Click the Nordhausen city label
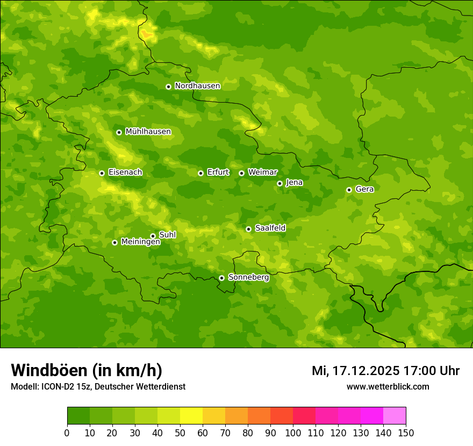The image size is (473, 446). point(197,86)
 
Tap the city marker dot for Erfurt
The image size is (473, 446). point(200,173)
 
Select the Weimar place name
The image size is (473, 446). point(262,172)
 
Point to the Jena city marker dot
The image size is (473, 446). point(279,183)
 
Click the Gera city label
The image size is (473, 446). point(364,189)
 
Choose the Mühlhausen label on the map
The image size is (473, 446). point(148,132)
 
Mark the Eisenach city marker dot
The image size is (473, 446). point(102,173)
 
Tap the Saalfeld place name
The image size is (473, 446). point(270,228)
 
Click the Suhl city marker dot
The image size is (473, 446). point(153,236)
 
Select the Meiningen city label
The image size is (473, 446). point(140,242)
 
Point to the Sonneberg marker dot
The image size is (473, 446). point(221,278)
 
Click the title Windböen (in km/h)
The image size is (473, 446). point(87,370)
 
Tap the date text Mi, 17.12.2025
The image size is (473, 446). point(355,371)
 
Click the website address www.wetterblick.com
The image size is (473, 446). point(388,386)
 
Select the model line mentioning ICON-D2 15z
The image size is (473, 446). point(98,386)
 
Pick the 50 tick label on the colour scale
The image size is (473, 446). point(180,433)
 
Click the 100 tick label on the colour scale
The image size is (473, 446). point(293,433)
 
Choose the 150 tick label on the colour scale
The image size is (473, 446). point(406,433)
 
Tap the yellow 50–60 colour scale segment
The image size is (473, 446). point(191,416)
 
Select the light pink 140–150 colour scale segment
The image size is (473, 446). point(395,416)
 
